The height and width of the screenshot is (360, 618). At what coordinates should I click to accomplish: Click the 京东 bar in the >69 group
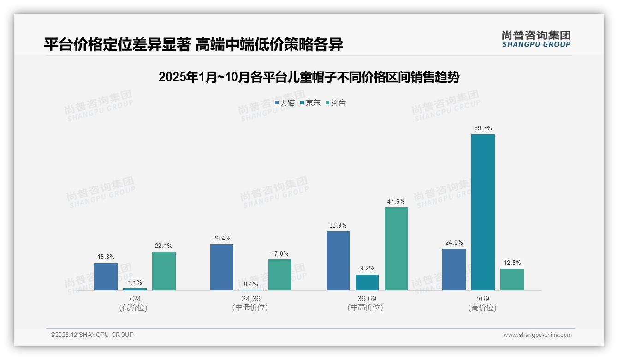click(483, 212)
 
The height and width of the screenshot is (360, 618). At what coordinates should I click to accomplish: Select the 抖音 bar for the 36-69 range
click(396, 249)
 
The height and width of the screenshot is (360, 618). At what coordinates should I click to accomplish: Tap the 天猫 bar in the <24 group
click(106, 276)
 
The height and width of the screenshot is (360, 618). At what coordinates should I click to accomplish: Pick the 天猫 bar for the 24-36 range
click(222, 267)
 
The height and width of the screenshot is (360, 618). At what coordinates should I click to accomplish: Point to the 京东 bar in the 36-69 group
click(367, 282)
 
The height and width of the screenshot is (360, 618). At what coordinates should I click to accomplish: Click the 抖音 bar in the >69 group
click(512, 279)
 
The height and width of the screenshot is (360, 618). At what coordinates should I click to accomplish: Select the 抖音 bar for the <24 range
click(164, 271)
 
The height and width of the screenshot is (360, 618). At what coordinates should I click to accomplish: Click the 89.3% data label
click(483, 128)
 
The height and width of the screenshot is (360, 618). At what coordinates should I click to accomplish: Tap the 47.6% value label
click(396, 201)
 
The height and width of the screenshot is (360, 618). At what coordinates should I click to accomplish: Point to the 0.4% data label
click(251, 284)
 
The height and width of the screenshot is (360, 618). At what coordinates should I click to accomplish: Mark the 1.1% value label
click(135, 282)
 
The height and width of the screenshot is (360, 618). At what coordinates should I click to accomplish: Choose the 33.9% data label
click(338, 225)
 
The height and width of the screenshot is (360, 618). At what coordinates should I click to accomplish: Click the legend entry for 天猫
click(285, 102)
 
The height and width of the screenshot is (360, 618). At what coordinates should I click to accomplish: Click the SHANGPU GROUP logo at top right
click(536, 39)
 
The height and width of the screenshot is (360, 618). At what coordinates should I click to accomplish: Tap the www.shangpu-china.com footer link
click(537, 335)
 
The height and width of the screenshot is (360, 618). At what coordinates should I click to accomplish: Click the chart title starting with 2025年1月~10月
click(309, 77)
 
